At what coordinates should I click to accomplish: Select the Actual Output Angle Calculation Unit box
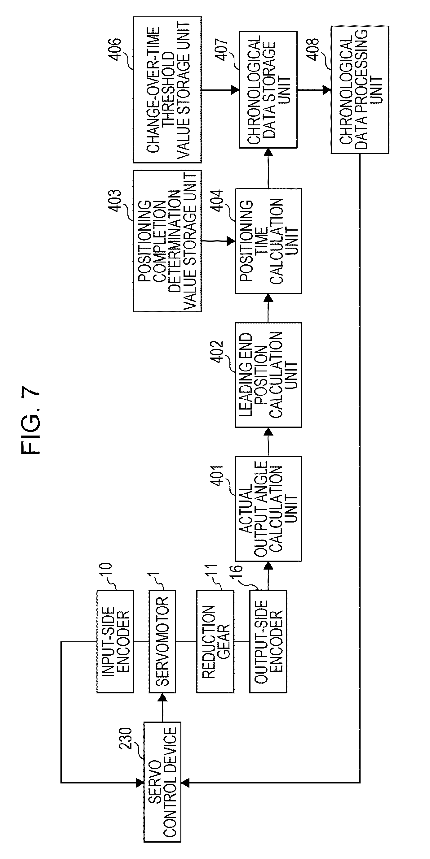(x=268, y=509)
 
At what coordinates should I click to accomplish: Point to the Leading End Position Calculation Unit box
(x=268, y=375)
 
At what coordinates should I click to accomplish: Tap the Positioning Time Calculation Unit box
(x=268, y=241)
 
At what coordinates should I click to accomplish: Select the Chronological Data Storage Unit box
(x=268, y=90)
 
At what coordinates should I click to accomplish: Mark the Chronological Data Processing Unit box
(x=360, y=90)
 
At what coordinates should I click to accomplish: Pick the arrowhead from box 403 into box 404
(x=231, y=241)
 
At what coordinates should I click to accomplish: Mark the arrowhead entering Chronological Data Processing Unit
(x=326, y=90)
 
